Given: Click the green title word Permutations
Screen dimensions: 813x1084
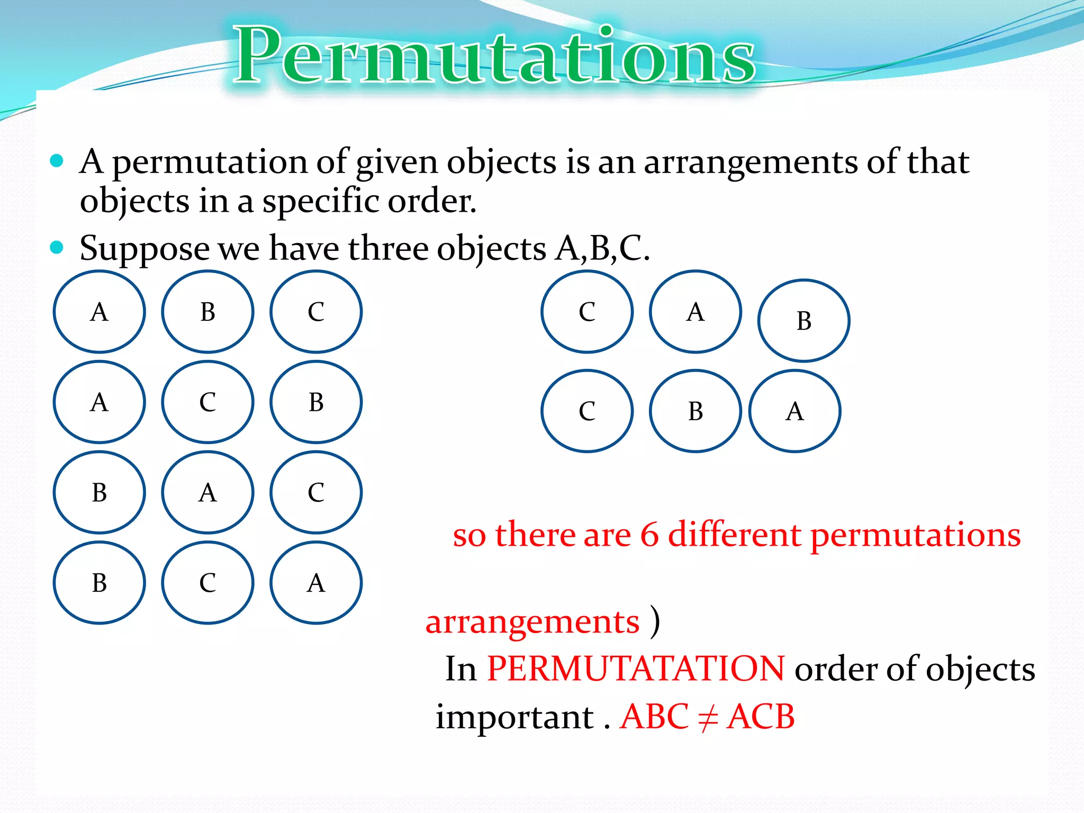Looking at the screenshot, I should click(x=494, y=56).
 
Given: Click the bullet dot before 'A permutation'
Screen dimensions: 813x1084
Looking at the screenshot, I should click(x=57, y=160).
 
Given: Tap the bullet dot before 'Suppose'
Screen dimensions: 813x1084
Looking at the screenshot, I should click(x=57, y=247).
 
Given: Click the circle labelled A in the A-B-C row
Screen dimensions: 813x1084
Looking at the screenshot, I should click(x=100, y=312).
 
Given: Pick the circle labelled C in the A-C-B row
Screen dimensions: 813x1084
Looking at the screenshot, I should click(x=207, y=402).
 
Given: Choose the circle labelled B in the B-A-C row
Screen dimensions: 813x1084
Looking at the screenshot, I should click(x=100, y=493).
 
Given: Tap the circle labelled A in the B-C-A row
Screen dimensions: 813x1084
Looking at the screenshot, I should click(x=316, y=583).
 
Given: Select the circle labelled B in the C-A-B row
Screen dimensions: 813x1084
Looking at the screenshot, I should click(x=803, y=321).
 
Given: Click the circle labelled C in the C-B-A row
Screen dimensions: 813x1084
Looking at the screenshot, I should click(x=587, y=411).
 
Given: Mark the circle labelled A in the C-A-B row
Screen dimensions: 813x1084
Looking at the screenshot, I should click(x=695, y=312).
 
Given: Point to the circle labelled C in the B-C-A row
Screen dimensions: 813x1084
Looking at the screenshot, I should click(x=207, y=583).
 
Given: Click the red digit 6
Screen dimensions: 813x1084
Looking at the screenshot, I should click(x=649, y=535).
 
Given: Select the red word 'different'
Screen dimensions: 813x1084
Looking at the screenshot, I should click(x=735, y=535).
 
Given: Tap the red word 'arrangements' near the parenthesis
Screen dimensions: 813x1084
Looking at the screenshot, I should click(x=532, y=622).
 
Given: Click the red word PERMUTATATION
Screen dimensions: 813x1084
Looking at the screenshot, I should click(x=635, y=669).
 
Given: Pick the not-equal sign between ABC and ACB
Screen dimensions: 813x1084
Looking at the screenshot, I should click(x=708, y=718).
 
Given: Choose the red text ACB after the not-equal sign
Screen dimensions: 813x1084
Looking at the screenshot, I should click(x=761, y=717).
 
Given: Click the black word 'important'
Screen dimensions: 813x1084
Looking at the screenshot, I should click(x=514, y=718).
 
